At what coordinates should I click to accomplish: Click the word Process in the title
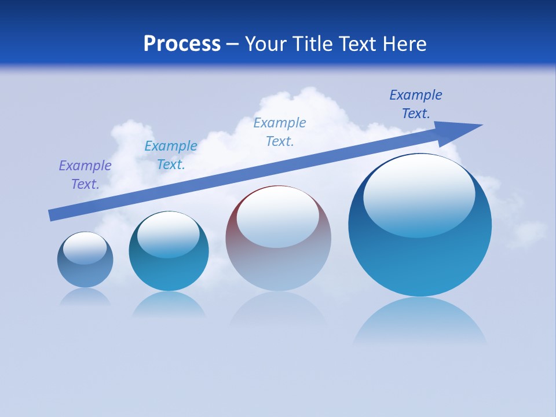coord(182,44)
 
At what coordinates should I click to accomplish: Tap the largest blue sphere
coord(420,261)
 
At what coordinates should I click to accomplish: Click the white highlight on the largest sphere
coord(419,194)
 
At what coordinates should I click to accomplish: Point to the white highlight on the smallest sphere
coord(85,248)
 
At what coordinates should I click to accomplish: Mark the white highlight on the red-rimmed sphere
coord(277,217)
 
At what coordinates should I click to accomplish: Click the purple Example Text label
coord(85,175)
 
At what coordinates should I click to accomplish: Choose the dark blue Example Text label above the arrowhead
coord(416,104)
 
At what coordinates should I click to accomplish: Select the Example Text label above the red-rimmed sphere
coord(280,132)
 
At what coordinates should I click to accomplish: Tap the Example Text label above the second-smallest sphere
coord(171,155)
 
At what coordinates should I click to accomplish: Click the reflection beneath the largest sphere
coord(420,321)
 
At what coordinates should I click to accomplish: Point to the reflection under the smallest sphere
coord(85,297)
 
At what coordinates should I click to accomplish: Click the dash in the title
coord(233,44)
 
